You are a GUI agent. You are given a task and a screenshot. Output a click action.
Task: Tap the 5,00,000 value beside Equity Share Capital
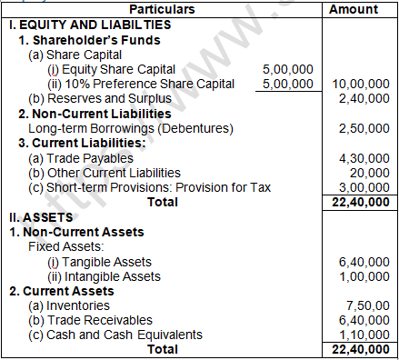[287, 68]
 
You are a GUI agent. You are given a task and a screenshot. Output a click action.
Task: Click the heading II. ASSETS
[38, 217]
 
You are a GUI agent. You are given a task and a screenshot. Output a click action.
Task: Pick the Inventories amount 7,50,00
[367, 305]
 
